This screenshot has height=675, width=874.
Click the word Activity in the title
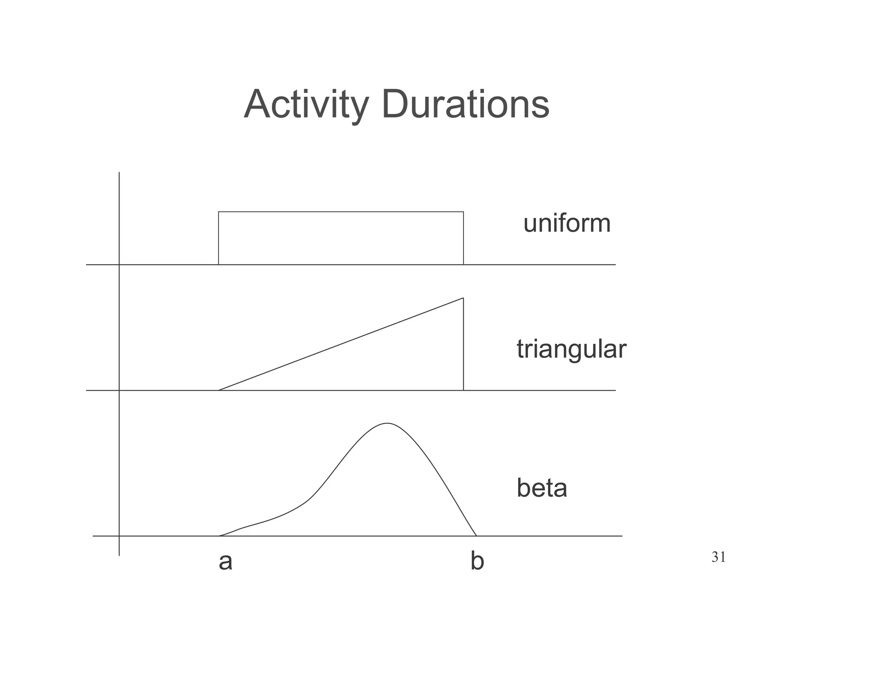tap(306, 105)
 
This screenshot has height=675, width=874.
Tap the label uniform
tap(567, 223)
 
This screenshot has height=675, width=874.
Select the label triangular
tap(571, 349)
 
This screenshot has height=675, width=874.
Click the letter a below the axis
tap(225, 562)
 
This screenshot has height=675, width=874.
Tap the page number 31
tap(719, 557)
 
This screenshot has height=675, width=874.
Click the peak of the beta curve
tap(387, 423)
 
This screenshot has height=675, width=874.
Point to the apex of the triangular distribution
tap(463, 298)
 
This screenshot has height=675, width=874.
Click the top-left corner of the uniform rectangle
tap(218, 212)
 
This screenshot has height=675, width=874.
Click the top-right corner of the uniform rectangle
tap(463, 212)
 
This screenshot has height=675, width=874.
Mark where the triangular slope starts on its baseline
tap(219, 390)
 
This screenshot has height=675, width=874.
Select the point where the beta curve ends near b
tap(476, 535)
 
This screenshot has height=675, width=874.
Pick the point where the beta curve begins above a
tap(219, 535)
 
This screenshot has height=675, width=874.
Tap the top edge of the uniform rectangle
tap(341, 212)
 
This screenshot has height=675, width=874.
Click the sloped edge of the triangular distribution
tap(341, 344)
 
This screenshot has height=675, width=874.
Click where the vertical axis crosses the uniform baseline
tap(119, 265)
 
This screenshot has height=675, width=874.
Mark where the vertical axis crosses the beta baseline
tap(119, 535)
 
